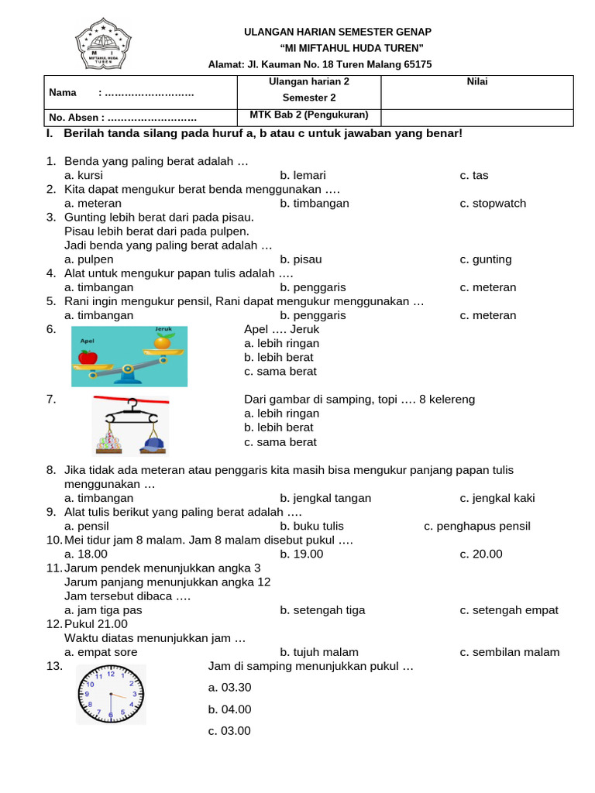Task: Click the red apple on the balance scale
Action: (88, 357)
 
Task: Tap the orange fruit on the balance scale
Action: (162, 342)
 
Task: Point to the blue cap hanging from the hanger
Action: (153, 444)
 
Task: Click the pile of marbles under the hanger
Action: (112, 444)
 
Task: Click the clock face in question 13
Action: (110, 695)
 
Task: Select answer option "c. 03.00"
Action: (229, 731)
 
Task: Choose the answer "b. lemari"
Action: (303, 175)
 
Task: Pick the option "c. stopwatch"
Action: (493, 203)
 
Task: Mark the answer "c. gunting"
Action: (486, 259)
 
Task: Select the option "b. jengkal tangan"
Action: (325, 498)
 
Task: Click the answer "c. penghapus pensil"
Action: (477, 526)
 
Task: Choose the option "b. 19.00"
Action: (301, 554)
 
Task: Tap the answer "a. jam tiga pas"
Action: (103, 609)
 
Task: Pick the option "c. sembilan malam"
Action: (509, 652)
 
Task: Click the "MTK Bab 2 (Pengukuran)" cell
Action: (309, 115)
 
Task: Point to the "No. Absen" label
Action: (74, 118)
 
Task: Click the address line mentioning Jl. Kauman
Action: (320, 64)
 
